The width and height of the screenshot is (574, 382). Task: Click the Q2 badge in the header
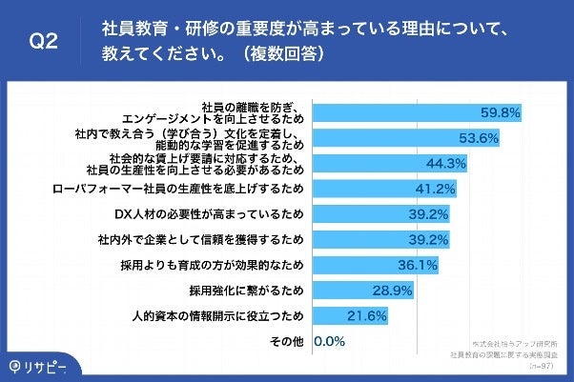click(42, 42)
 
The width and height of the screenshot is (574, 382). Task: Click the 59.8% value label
click(500, 112)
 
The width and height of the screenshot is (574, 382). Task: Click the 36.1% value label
click(417, 264)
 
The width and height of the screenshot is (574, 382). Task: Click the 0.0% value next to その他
click(328, 340)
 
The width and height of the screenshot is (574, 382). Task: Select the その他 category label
click(287, 340)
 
